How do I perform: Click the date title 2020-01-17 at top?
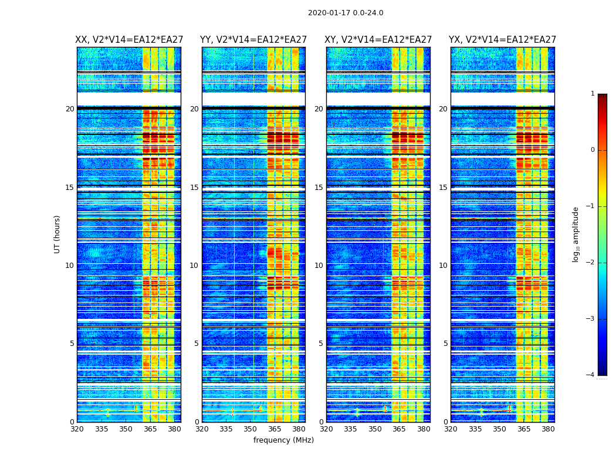pyautogui.click(x=346, y=13)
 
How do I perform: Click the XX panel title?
pyautogui.click(x=129, y=40)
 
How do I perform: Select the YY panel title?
pyautogui.click(x=253, y=40)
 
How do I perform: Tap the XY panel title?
pyautogui.click(x=378, y=40)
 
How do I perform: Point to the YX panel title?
pyautogui.click(x=502, y=40)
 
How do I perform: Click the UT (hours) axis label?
pyautogui.click(x=57, y=234)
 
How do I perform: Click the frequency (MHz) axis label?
pyautogui.click(x=283, y=440)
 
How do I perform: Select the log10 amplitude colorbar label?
pyautogui.click(x=576, y=234)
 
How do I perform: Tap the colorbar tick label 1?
pyautogui.click(x=593, y=94)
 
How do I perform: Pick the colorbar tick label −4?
pyautogui.click(x=591, y=375)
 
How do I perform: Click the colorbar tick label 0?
pyautogui.click(x=593, y=150)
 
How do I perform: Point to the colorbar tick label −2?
pyautogui.click(x=591, y=263)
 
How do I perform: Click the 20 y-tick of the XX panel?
pyautogui.click(x=70, y=109)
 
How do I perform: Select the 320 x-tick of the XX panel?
pyautogui.click(x=77, y=429)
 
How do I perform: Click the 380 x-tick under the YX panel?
pyautogui.click(x=548, y=429)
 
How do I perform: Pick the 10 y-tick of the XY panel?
pyautogui.click(x=319, y=266)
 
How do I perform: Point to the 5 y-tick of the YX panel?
pyautogui.click(x=445, y=344)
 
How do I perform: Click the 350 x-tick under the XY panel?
pyautogui.click(x=375, y=429)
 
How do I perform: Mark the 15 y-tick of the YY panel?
pyautogui.click(x=194, y=188)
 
